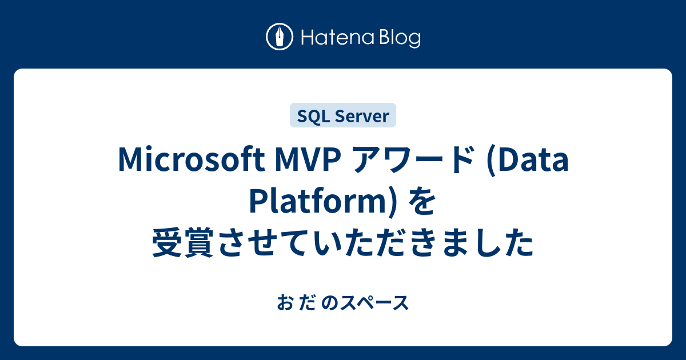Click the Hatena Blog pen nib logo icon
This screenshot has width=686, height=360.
tap(280, 37)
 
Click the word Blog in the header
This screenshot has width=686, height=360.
tap(400, 39)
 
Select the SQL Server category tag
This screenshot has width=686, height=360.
tap(343, 115)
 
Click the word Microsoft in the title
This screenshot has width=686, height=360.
tap(192, 159)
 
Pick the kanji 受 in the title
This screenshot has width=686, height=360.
tap(167, 242)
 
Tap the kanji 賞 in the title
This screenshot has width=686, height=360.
tap(199, 242)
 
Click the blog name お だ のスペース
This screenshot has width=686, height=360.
tap(342, 303)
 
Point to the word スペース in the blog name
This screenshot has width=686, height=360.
tap(375, 303)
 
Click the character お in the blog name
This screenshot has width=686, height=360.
tap(285, 303)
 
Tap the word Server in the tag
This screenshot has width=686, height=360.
tap(362, 117)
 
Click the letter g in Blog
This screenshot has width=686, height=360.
tap(414, 41)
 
